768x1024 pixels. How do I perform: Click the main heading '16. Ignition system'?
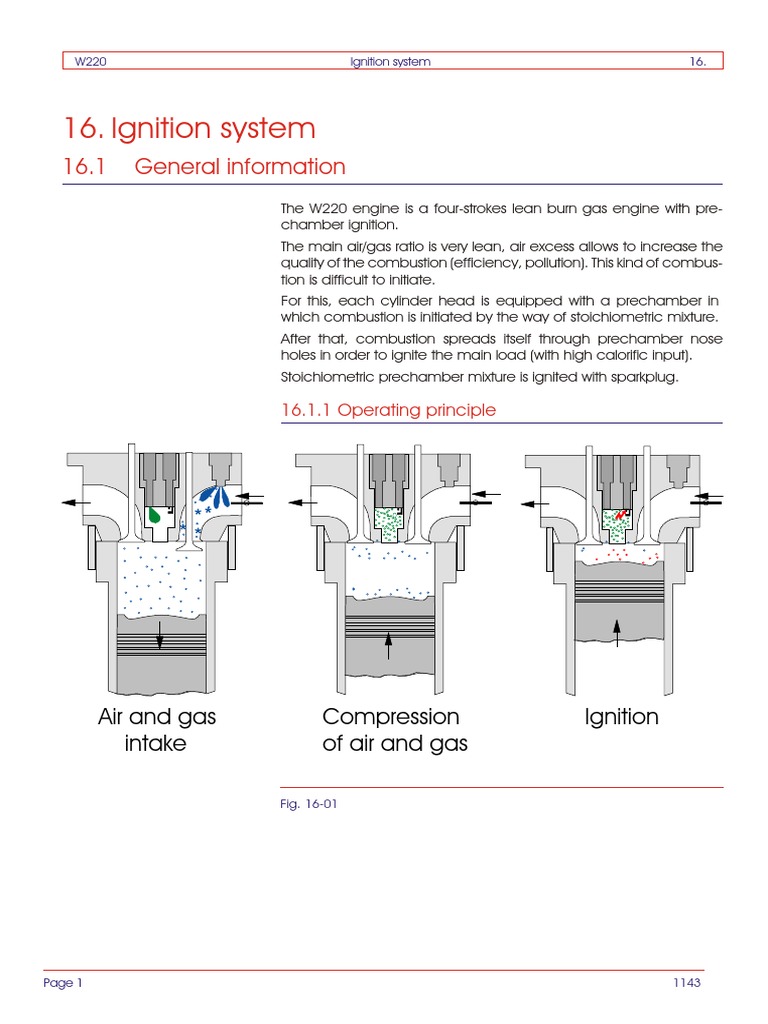point(189,128)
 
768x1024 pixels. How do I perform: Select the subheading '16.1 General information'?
point(204,167)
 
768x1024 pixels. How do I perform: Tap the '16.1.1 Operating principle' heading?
point(388,410)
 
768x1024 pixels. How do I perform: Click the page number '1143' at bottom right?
point(687,983)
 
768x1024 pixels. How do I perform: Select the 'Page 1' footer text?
point(63,983)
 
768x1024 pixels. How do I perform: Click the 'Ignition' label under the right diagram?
point(621,717)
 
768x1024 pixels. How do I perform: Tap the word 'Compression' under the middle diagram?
point(391,717)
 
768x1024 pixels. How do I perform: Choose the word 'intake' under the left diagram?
point(155,744)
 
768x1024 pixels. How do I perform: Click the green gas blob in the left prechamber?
point(155,515)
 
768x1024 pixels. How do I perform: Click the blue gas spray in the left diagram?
point(214,496)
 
